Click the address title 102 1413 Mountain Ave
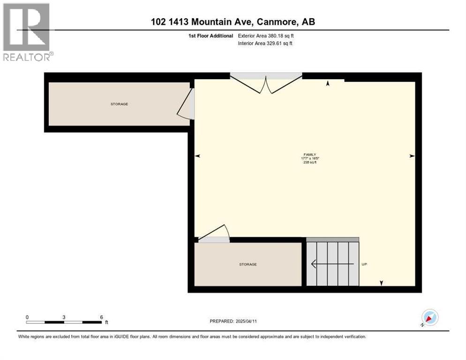pyautogui.click(x=233, y=22)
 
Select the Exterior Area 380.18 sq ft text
pyautogui.click(x=266, y=36)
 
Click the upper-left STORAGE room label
pyautogui.click(x=119, y=104)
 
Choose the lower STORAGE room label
pyautogui.click(x=248, y=265)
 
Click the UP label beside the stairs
pyautogui.click(x=364, y=264)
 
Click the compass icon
pyautogui.click(x=429, y=318)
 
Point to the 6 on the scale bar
pyautogui.click(x=101, y=317)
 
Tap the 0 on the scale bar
pyautogui.click(x=27, y=317)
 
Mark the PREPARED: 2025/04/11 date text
pyautogui.click(x=233, y=321)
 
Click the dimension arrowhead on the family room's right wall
pyautogui.click(x=412, y=156)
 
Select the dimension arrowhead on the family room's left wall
pyautogui.click(x=197, y=156)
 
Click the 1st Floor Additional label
pyautogui.click(x=210, y=36)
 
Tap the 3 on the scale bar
pyautogui.click(x=64, y=317)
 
